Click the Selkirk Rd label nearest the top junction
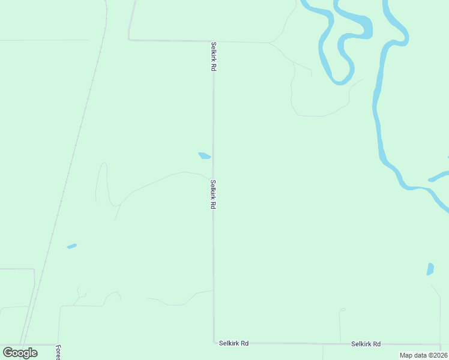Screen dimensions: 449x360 [x=213, y=56]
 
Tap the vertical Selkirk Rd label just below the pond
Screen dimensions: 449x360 [x=213, y=194]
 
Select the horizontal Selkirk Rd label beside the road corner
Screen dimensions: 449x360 [x=234, y=343]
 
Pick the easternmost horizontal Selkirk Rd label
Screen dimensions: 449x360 [x=366, y=344]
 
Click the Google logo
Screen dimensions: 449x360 [x=20, y=352]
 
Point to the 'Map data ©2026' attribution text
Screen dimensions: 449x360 [x=423, y=355]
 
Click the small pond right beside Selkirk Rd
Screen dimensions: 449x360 [x=205, y=156]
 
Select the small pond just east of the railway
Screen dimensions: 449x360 [x=72, y=246]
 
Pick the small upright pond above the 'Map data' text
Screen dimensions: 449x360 [x=430, y=269]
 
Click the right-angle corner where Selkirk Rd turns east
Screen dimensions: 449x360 [x=214, y=343]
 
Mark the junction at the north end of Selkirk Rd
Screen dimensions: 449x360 [x=213, y=41]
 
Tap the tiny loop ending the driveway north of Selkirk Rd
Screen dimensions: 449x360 [x=342, y=310]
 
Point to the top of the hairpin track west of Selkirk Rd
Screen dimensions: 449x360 [x=104, y=163]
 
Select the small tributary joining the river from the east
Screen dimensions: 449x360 [x=438, y=178]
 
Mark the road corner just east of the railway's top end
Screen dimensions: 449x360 [x=129, y=40]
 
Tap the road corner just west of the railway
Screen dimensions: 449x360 [x=34, y=269]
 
